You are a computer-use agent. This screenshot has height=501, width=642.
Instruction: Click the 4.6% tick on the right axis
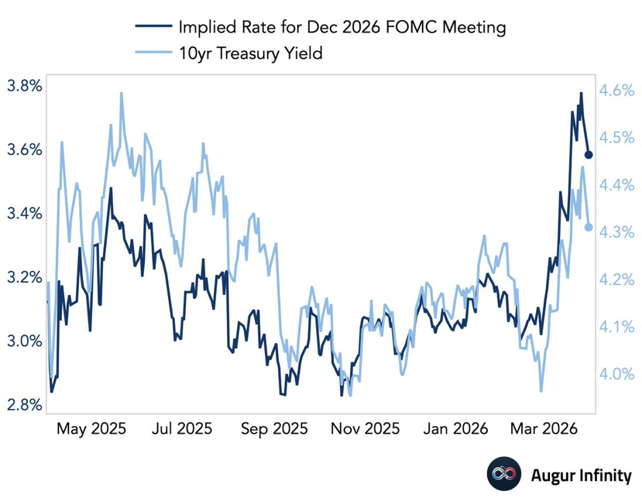tap(617, 91)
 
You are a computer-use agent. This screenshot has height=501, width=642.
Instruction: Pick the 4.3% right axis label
tap(617, 232)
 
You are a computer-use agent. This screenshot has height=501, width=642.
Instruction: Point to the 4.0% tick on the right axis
tap(617, 374)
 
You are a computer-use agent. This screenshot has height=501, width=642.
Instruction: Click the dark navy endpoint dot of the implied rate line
tap(589, 156)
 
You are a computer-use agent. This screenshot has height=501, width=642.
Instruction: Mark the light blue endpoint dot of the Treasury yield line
tap(589, 227)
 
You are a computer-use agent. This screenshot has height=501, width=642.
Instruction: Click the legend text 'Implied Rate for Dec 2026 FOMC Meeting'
tap(342, 28)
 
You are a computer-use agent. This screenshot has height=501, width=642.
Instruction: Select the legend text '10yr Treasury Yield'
tap(249, 53)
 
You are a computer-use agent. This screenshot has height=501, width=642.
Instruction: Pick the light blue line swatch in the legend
tap(152, 53)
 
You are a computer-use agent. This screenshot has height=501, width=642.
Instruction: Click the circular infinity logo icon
tap(501, 475)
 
